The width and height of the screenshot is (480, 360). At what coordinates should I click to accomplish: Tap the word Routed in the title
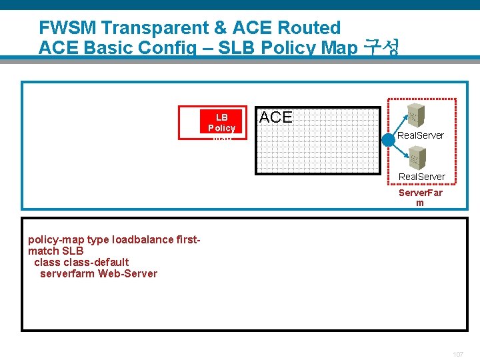tap(310, 28)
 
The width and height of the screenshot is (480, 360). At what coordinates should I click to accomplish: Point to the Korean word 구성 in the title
tap(382, 48)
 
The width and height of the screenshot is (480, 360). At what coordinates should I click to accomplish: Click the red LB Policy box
tap(212, 123)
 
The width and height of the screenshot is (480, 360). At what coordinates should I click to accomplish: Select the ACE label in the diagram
tap(275, 117)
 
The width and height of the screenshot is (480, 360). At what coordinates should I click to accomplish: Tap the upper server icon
tap(417, 114)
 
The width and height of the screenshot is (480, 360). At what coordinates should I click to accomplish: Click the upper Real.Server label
tap(421, 135)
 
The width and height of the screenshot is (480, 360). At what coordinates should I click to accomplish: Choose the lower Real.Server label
tap(422, 177)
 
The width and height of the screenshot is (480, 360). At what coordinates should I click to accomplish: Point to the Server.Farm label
tap(420, 197)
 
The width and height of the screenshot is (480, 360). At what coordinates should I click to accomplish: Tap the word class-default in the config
tap(96, 262)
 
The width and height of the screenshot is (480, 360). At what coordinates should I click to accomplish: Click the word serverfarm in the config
tap(67, 273)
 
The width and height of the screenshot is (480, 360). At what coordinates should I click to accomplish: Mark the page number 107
tap(457, 354)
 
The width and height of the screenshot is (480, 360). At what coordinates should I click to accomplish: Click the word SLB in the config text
tap(73, 251)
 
